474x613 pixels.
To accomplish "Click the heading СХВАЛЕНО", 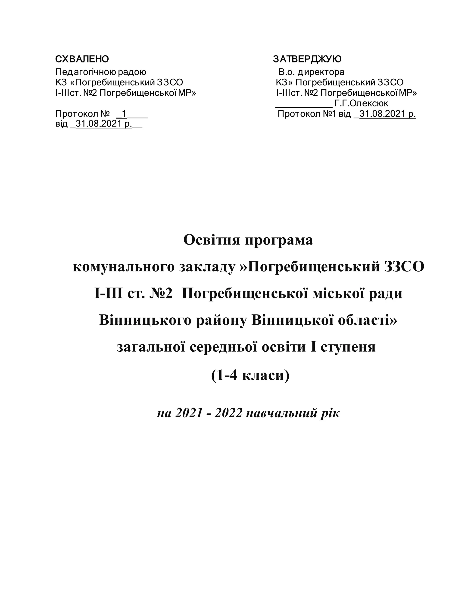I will (82, 59).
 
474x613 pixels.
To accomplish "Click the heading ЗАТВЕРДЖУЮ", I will (307, 59).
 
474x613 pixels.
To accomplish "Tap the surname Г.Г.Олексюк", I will (361, 104).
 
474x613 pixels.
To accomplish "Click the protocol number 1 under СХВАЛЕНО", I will (124, 114).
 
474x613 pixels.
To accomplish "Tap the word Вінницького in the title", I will (145, 320).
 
